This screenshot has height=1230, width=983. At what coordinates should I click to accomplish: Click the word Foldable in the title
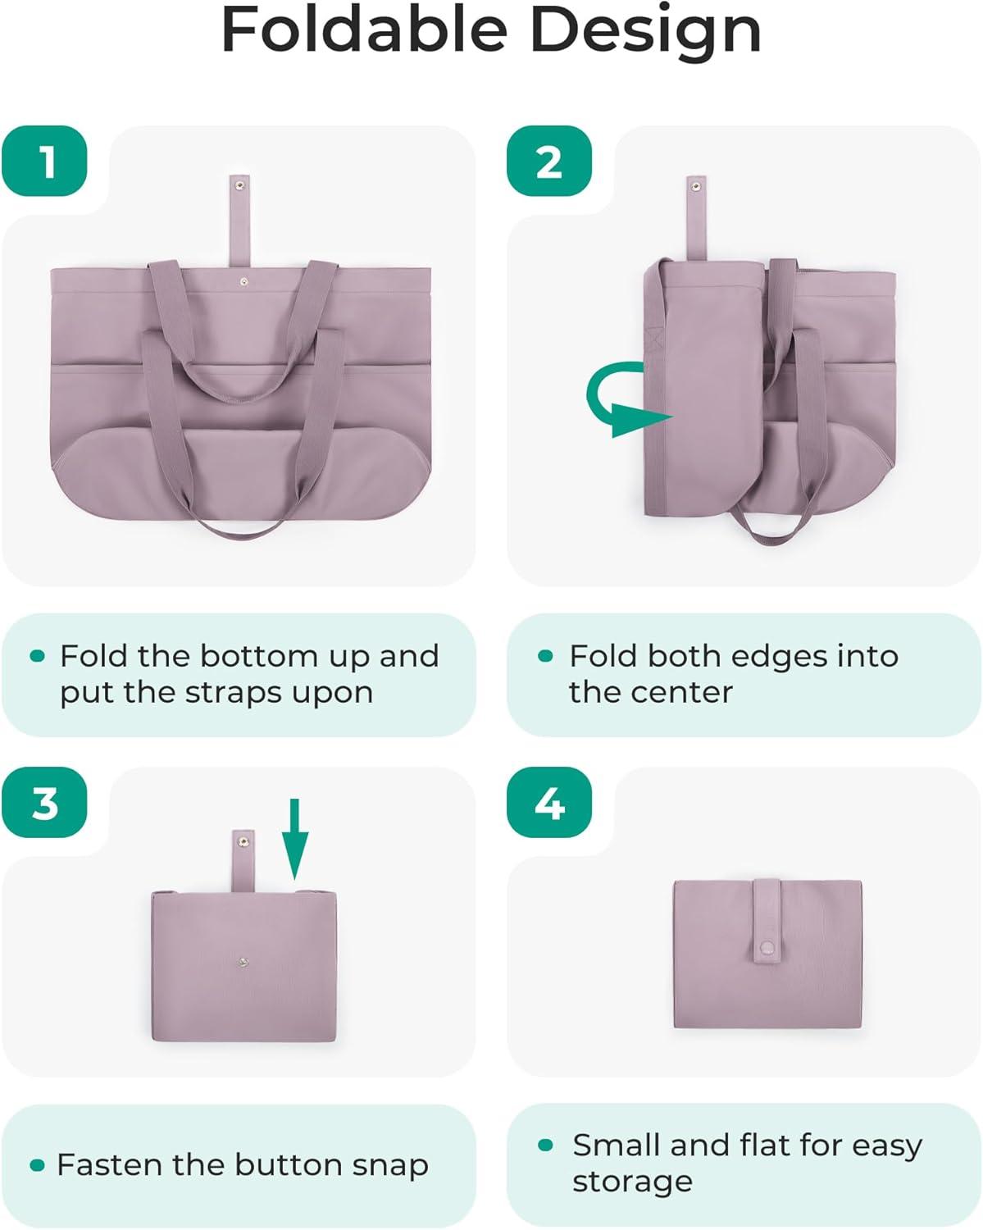(x=364, y=30)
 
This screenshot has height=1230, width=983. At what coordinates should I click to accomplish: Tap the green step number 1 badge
(x=44, y=161)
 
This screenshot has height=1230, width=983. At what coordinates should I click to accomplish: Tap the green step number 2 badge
(x=549, y=161)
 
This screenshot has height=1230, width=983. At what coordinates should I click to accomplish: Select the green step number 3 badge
(x=44, y=803)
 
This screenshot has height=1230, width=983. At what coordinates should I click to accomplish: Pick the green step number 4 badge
(x=549, y=803)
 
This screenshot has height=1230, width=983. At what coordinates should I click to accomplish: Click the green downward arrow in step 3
(x=295, y=839)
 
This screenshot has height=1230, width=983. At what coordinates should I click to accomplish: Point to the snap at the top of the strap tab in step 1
(x=239, y=184)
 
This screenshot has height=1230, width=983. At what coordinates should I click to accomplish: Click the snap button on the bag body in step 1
(x=244, y=281)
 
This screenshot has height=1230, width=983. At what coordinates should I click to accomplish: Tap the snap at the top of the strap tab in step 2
(x=695, y=186)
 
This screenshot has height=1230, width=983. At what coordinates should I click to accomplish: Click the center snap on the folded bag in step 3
(x=243, y=963)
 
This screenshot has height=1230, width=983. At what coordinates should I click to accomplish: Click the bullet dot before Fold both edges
(x=545, y=655)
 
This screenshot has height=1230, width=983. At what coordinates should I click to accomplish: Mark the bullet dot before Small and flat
(x=545, y=1145)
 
